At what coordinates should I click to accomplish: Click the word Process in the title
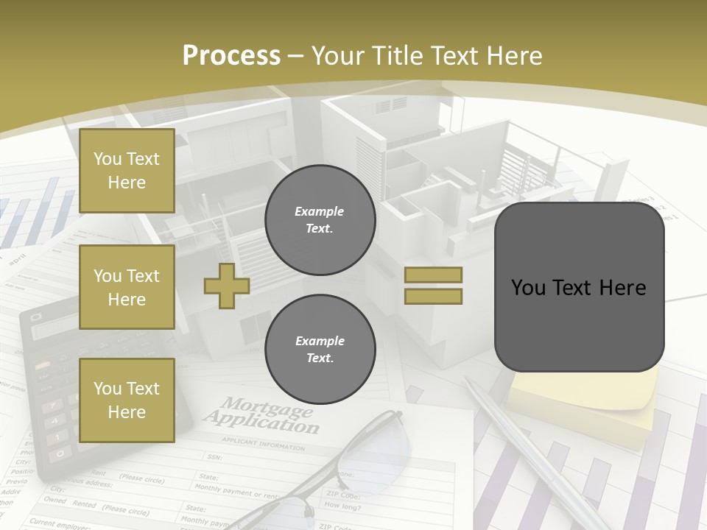coord(231,56)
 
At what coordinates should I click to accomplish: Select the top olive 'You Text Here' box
coord(127,171)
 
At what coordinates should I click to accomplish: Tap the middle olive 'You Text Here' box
coord(127,287)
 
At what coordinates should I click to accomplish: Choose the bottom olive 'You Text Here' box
coord(127,400)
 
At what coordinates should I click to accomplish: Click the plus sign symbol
coord(227,286)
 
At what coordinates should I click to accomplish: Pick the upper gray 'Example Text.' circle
coord(320,220)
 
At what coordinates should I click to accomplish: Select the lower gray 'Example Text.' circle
coord(320,350)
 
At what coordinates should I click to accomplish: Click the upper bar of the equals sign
coord(433,275)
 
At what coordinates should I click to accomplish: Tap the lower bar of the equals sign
coord(433,296)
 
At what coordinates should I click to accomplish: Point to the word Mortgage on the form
coord(267,406)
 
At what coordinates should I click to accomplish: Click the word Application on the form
coord(261,423)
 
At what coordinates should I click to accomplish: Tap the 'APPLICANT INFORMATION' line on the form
coord(263,444)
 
